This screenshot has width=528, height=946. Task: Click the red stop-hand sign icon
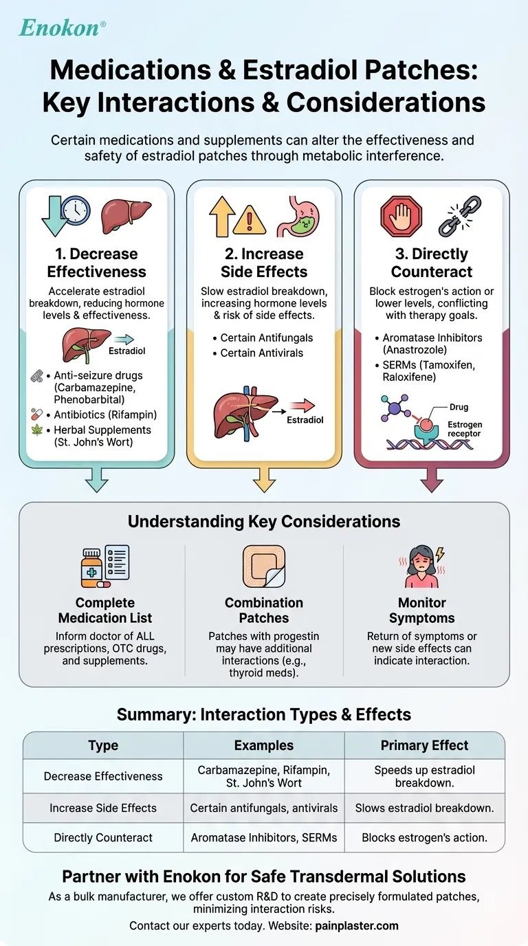[400, 216]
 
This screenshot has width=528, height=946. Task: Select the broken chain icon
[456, 216]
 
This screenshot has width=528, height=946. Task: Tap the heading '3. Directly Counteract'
[431, 263]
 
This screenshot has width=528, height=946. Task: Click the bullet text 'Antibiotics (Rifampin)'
[105, 415]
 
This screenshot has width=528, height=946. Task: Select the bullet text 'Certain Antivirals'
[262, 353]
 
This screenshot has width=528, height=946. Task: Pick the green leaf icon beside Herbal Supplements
[38, 430]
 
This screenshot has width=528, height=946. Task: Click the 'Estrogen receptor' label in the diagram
[465, 429]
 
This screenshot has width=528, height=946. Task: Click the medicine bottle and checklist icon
[105, 566]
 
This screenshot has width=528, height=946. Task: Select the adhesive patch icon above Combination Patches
[264, 566]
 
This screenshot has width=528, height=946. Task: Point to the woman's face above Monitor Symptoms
[421, 562]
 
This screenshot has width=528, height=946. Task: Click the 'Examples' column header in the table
[264, 745]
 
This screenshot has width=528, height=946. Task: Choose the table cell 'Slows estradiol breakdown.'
[424, 808]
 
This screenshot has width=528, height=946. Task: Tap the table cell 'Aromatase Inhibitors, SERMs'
[264, 837]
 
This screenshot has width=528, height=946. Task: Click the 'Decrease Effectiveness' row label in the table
[103, 776]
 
